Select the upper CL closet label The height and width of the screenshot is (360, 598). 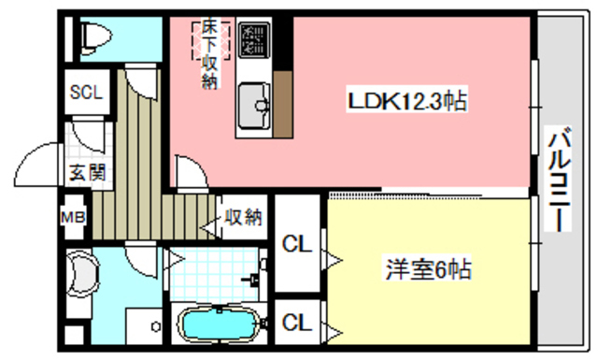click(296, 245)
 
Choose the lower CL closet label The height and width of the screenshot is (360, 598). click(296, 323)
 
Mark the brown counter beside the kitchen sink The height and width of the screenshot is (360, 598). click(282, 102)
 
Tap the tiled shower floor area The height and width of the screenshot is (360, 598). click(210, 271)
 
